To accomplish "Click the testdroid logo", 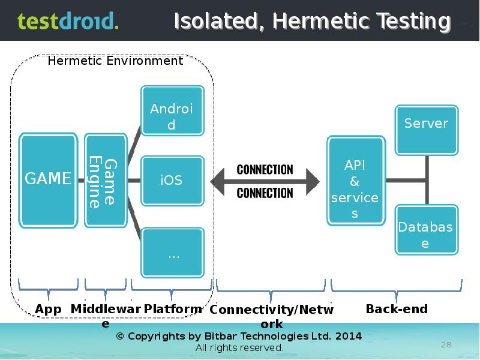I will click(67, 21).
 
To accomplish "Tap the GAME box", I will click(48, 179).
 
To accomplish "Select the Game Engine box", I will click(105, 180).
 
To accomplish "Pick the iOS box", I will click(172, 180).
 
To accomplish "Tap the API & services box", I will click(355, 181).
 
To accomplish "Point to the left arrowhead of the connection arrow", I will click(220, 181).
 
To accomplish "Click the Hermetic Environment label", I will click(115, 61).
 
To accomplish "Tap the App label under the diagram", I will click(48, 309).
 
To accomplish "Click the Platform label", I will click(173, 309).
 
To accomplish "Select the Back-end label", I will click(397, 309).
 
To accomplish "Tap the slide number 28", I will click(446, 344).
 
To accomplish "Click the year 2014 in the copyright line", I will click(348, 336).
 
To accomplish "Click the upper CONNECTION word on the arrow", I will click(265, 170).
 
